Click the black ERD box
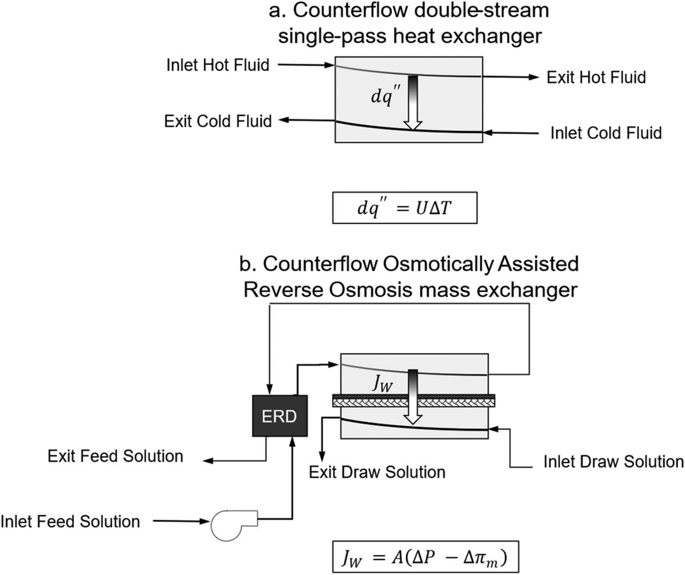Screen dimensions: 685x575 click(279, 416)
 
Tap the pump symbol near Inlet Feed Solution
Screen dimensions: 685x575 click(233, 525)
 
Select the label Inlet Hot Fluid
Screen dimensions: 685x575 click(218, 65)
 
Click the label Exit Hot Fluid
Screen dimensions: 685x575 click(596, 77)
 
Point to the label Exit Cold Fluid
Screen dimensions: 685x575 click(218, 121)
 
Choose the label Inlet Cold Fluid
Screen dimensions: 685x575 click(606, 132)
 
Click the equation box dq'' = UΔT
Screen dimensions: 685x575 click(404, 208)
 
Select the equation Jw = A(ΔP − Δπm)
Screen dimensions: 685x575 click(426, 557)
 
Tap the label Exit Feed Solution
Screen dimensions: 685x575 click(115, 456)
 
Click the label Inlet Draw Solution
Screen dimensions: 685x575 click(614, 461)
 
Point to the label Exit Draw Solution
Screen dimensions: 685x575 click(377, 472)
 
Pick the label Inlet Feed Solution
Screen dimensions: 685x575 click(70, 521)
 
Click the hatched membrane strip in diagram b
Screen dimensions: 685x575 click(414, 401)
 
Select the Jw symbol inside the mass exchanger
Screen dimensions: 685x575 click(382, 383)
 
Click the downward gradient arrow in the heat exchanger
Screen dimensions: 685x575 click(413, 103)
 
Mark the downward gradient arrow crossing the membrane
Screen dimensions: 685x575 click(413, 397)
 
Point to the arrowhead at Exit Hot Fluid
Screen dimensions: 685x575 click(534, 77)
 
